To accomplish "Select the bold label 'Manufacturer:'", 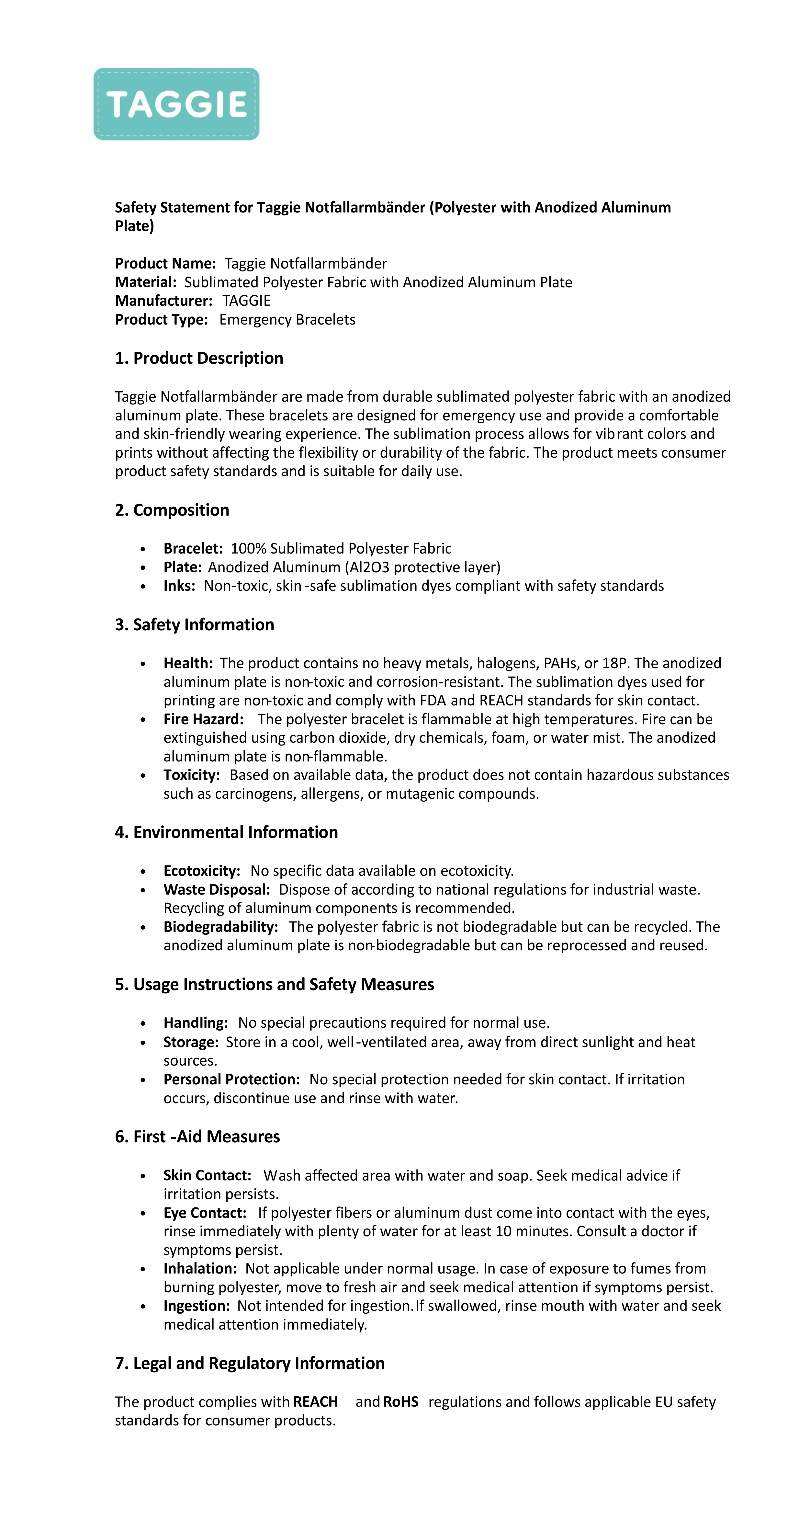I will point(163,301).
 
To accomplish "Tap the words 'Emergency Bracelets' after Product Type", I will point(287,320).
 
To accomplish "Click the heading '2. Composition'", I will point(172,510).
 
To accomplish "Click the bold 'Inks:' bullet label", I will point(179,586).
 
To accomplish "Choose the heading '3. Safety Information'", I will point(194,625).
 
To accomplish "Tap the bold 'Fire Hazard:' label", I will point(203,719).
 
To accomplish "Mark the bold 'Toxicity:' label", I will point(191,775).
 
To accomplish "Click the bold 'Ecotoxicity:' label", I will point(201,871).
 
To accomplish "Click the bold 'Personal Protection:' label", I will point(231,1079).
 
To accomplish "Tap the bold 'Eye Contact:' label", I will point(204,1212).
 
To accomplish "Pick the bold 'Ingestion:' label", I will point(196,1306).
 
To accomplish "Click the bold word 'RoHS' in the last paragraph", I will point(400,1401).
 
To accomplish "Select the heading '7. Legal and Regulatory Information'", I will point(250,1363).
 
